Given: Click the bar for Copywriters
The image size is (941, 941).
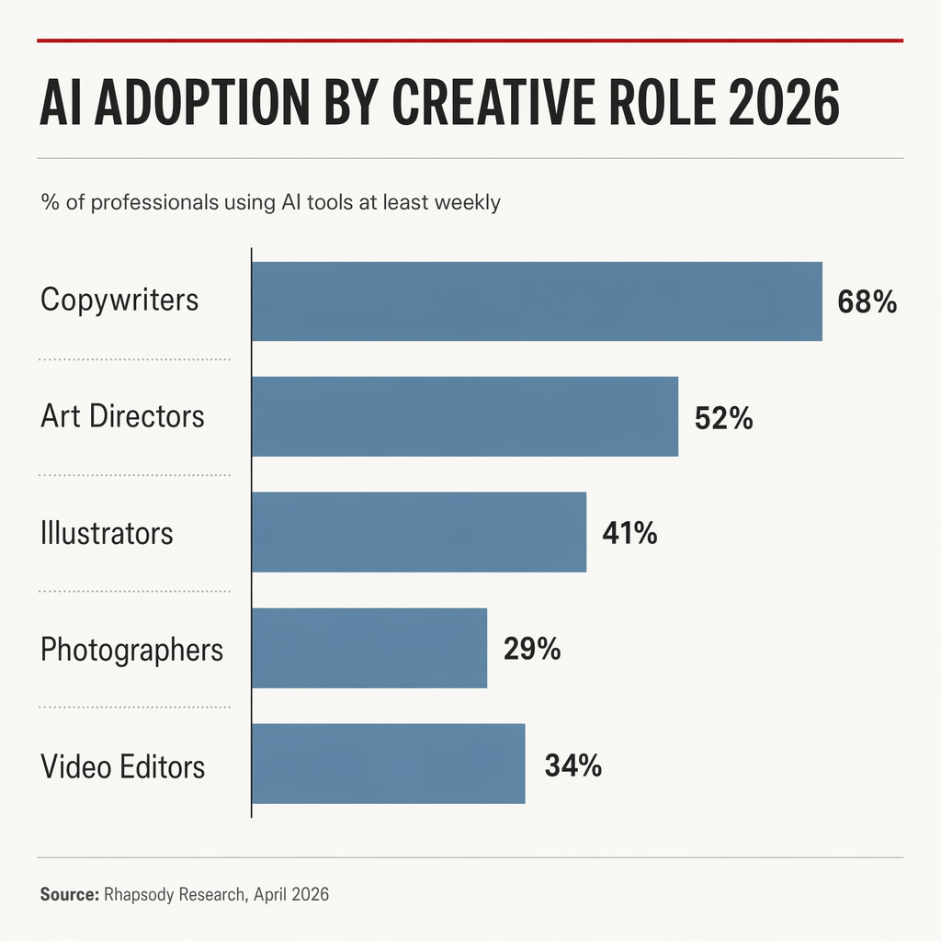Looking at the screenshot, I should coord(537,301).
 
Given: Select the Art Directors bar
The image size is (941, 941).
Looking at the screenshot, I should coord(464,416).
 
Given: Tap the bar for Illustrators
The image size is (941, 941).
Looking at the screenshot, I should coord(418,532).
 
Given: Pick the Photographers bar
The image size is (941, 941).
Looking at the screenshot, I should coord(368,648).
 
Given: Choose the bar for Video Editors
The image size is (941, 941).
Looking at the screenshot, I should coord(388,764).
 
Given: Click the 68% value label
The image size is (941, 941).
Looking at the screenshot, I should coord(867,302).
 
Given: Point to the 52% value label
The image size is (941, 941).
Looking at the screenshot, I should coord(723,418).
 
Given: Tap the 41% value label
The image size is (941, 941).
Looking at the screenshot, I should coord(629,533).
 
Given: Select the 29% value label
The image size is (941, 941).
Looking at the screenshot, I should coord(531,649).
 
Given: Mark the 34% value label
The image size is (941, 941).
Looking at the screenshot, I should coord(573,765).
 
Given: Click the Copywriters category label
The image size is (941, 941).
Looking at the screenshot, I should coord(119,300).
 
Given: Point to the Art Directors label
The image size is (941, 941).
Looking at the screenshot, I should coord(122,416).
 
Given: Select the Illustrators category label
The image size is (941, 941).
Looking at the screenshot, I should coord(107,533).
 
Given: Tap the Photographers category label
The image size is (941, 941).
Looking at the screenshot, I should coord(131,650).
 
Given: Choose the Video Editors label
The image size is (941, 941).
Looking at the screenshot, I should coord(122,765).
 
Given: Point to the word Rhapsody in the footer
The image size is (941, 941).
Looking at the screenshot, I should coord(137,893).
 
